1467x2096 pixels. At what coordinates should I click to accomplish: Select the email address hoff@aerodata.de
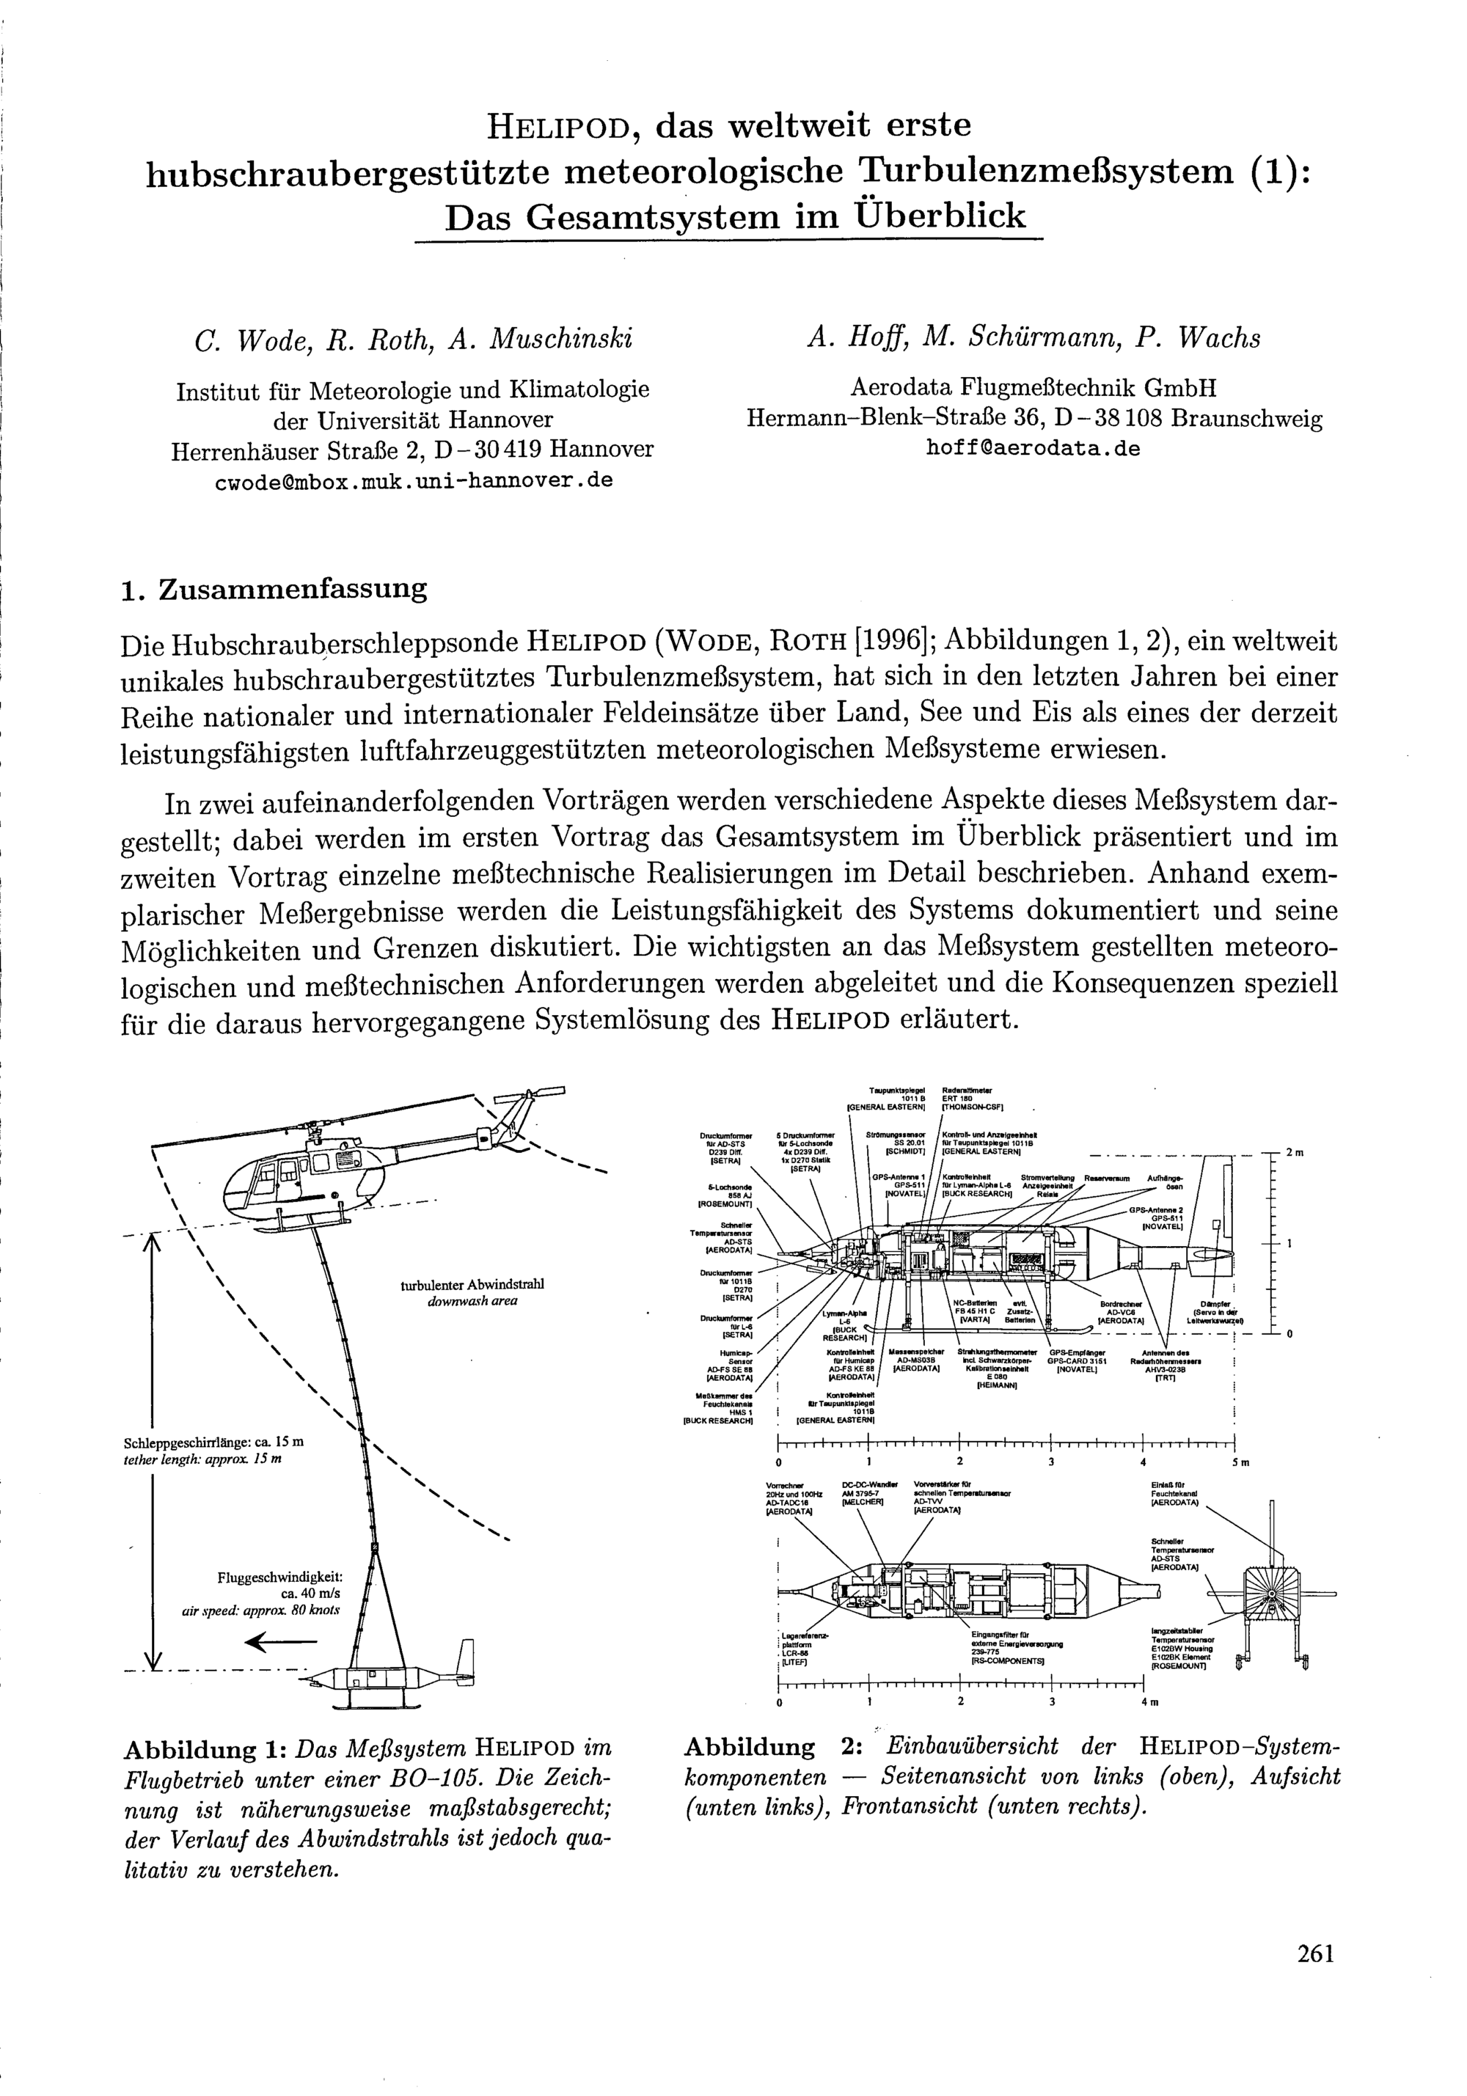pos(1034,449)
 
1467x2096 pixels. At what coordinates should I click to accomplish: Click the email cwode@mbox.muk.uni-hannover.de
pos(413,480)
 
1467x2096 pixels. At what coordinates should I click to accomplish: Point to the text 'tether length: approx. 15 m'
pos(202,1459)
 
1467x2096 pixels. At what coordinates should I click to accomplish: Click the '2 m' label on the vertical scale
pos(1295,1153)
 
